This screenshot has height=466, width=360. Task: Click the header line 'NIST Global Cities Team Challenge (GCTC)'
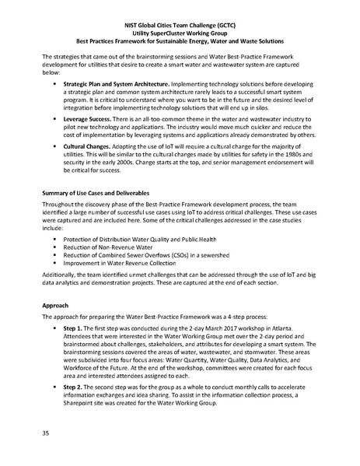pos(179,24)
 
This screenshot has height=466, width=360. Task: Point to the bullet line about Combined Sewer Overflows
pos(150,252)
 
